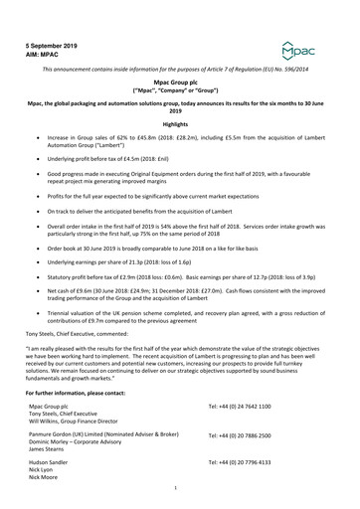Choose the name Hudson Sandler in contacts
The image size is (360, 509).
click(x=51, y=463)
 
